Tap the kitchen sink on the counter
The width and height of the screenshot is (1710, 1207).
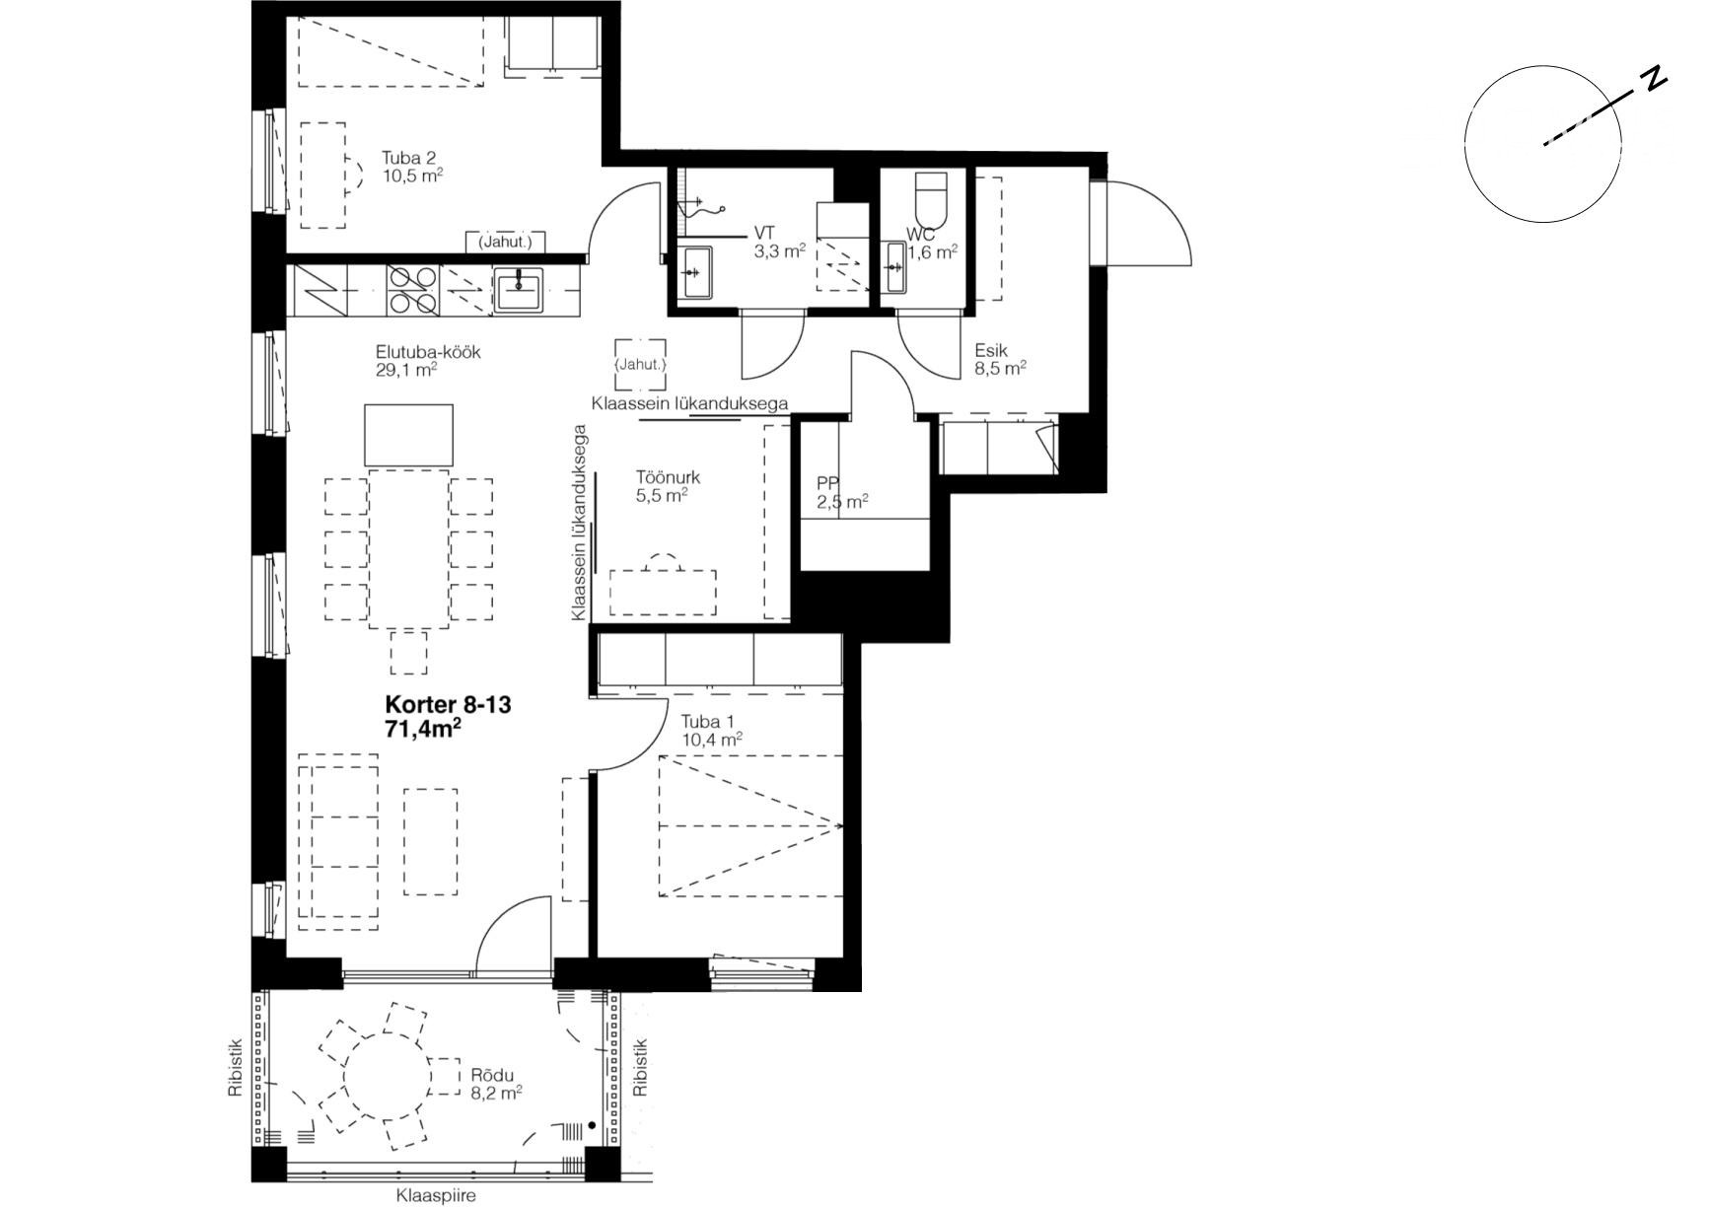518,291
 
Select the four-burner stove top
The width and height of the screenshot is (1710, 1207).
413,291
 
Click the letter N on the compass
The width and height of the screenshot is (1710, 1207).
1654,80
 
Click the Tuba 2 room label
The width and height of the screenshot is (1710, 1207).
409,158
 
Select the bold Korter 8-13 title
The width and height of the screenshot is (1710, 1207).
448,705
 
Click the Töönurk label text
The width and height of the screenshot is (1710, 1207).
669,478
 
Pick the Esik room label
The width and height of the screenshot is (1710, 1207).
991,350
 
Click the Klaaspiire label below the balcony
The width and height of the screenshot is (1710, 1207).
436,1195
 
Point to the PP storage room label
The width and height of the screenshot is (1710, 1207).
827,484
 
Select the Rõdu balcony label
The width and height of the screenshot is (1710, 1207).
492,1075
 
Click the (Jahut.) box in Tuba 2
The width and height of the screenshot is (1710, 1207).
505,242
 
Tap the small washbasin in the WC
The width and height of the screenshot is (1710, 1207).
894,267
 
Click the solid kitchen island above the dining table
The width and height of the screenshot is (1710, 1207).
409,435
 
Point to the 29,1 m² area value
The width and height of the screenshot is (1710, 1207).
406,370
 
